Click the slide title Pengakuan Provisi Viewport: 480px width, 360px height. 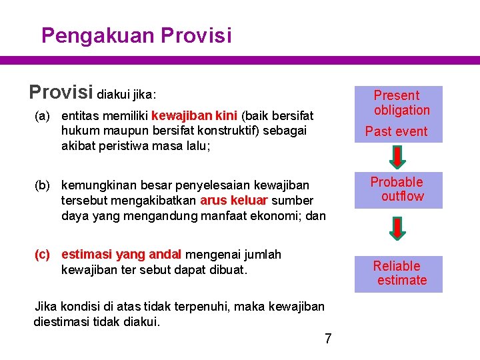coord(136,35)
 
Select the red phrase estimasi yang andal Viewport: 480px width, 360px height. coord(121,254)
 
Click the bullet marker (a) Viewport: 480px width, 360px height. coord(42,116)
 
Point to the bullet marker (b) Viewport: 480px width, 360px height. coord(42,184)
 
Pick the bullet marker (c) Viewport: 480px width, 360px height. coord(42,254)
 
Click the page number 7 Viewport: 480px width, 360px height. coord(327,339)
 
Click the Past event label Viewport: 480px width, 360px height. coord(396,131)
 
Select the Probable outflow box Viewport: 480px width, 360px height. coord(398,189)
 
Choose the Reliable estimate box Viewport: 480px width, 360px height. coord(398,273)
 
